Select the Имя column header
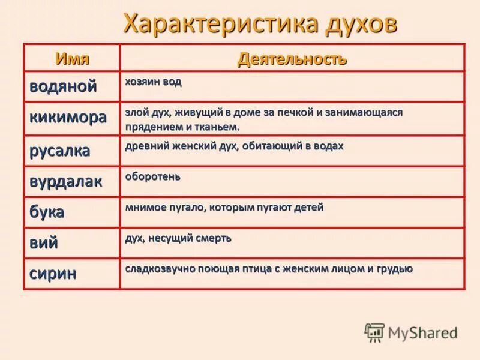[x=73, y=58]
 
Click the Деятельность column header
[x=292, y=59]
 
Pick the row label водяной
[x=63, y=86]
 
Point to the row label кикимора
[x=68, y=117]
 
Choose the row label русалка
[x=60, y=150]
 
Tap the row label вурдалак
[x=66, y=181]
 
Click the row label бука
[x=47, y=212]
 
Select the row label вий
[x=44, y=243]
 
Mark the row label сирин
[x=53, y=274]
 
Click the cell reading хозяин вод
[x=153, y=82]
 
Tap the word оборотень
[x=153, y=176]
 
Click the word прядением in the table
[x=152, y=127]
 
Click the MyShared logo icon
[x=374, y=332]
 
